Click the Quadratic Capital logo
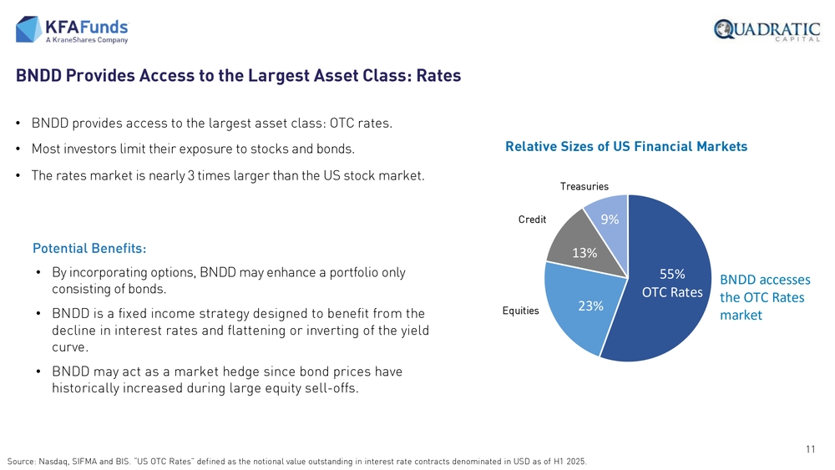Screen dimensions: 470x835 click(767, 30)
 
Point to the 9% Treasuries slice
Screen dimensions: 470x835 click(608, 215)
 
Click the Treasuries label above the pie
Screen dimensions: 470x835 click(584, 186)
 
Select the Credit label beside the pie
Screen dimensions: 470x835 click(532, 220)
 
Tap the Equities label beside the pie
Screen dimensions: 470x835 click(520, 311)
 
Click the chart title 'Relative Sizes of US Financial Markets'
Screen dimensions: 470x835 click(626, 147)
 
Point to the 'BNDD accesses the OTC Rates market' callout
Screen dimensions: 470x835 click(765, 297)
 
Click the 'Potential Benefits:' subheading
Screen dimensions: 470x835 click(89, 249)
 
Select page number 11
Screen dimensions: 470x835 click(810, 450)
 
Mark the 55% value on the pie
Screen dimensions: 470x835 click(672, 274)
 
